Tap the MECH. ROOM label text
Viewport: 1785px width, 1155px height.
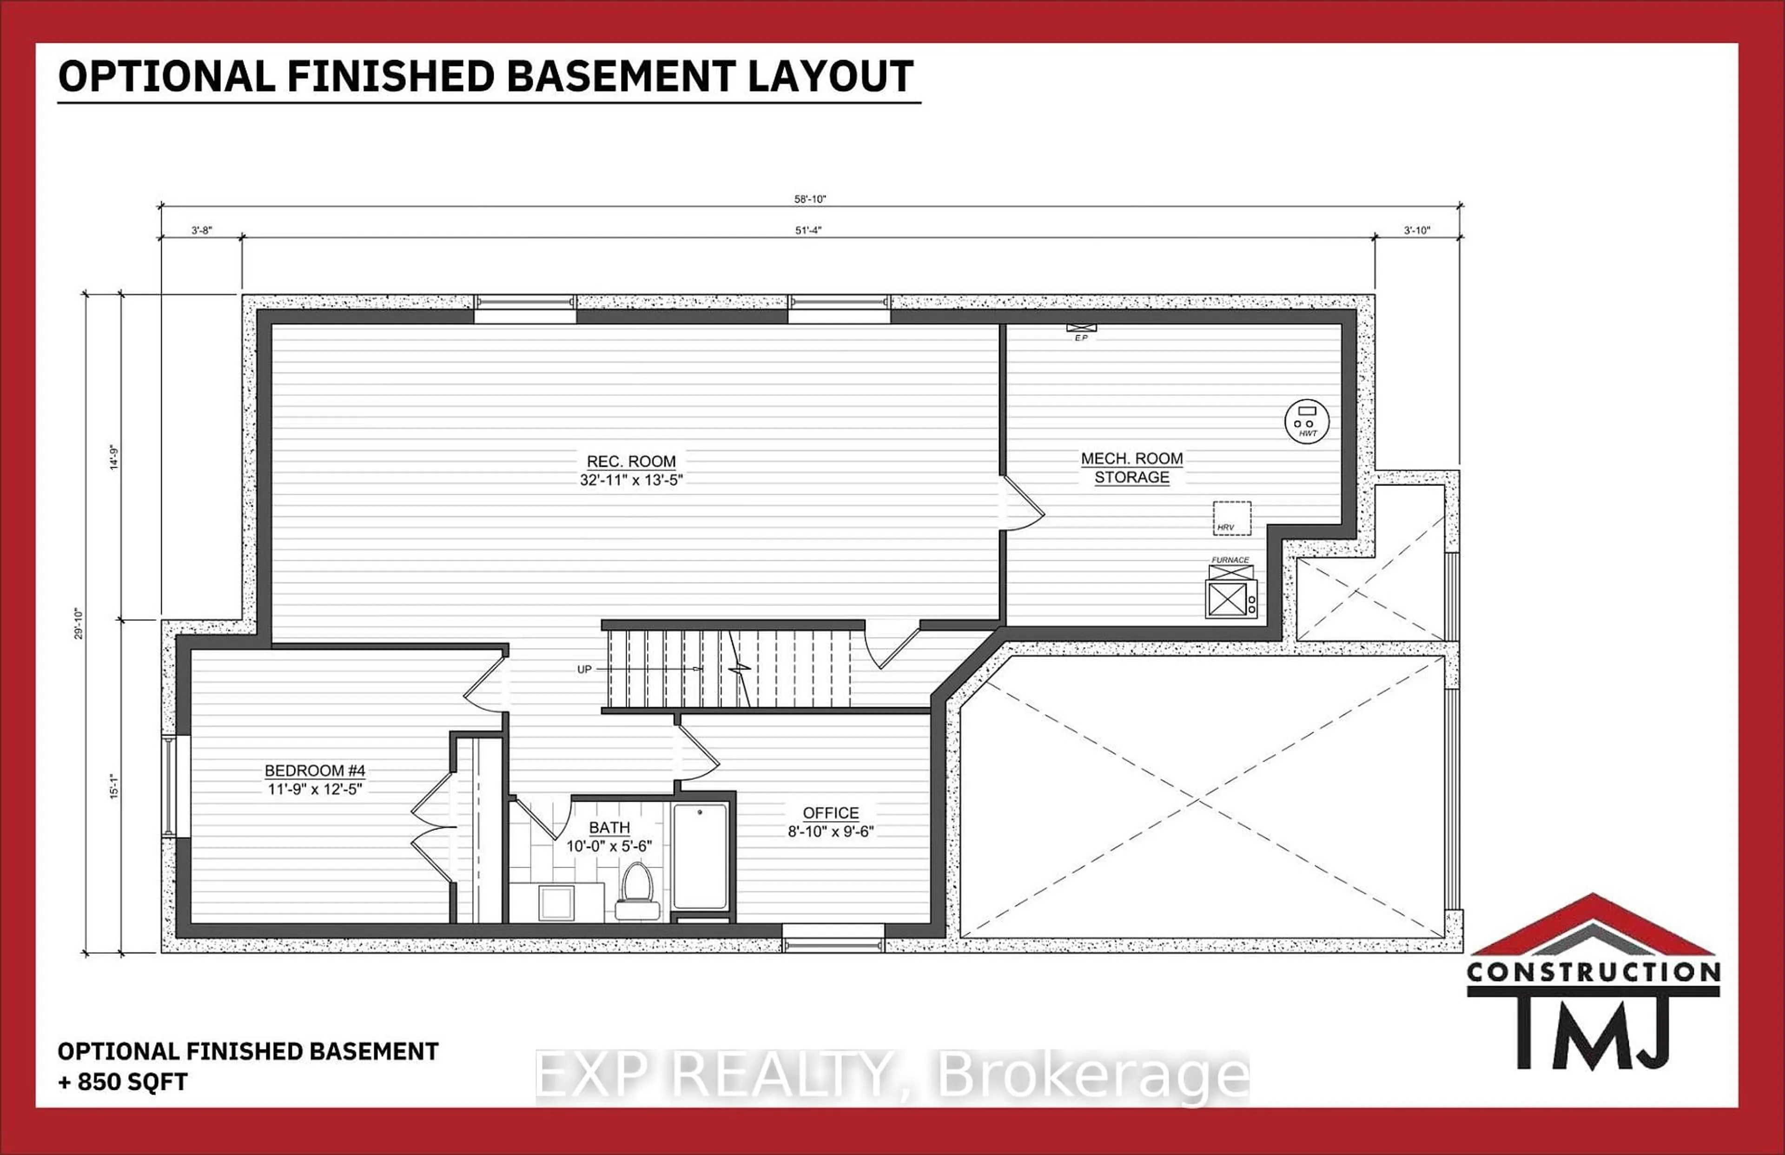(x=1131, y=459)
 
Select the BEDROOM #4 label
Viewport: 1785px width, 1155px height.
(x=315, y=771)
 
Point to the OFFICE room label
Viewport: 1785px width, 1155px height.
(x=831, y=813)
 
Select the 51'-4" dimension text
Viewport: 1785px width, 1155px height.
(x=808, y=230)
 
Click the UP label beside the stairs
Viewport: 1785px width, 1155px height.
(x=584, y=670)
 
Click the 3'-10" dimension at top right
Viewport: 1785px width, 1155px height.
(x=1417, y=230)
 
